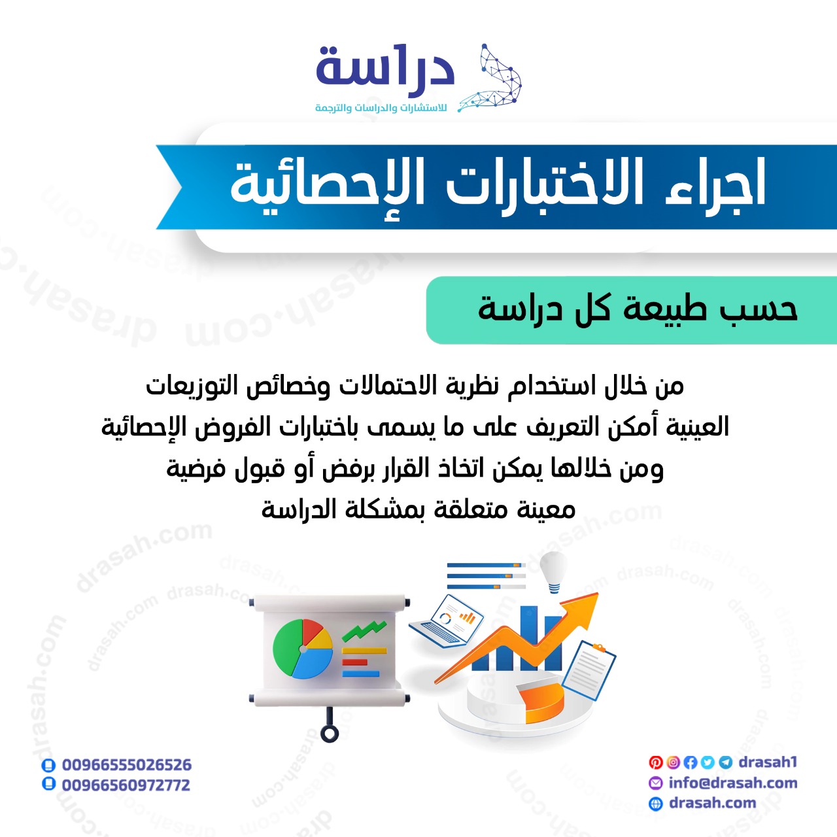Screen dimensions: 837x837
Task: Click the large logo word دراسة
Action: tap(385, 65)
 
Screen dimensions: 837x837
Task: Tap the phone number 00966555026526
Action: tap(126, 765)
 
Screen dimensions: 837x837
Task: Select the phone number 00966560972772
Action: tap(126, 785)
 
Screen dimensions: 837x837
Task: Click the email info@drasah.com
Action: tap(733, 783)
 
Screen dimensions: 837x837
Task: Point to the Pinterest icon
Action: tap(655, 762)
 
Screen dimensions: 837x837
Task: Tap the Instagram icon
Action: tap(673, 762)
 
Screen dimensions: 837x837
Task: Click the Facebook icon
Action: tap(690, 762)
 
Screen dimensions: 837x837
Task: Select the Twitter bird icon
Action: tap(708, 762)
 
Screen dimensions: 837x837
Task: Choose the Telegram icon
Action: tap(725, 762)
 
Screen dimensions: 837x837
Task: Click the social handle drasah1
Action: tap(768, 762)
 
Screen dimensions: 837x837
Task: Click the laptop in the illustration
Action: tap(447, 622)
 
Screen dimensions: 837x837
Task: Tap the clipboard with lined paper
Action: tap(589, 670)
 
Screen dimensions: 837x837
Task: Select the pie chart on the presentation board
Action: tap(303, 649)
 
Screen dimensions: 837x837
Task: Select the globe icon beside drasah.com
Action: tap(655, 804)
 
